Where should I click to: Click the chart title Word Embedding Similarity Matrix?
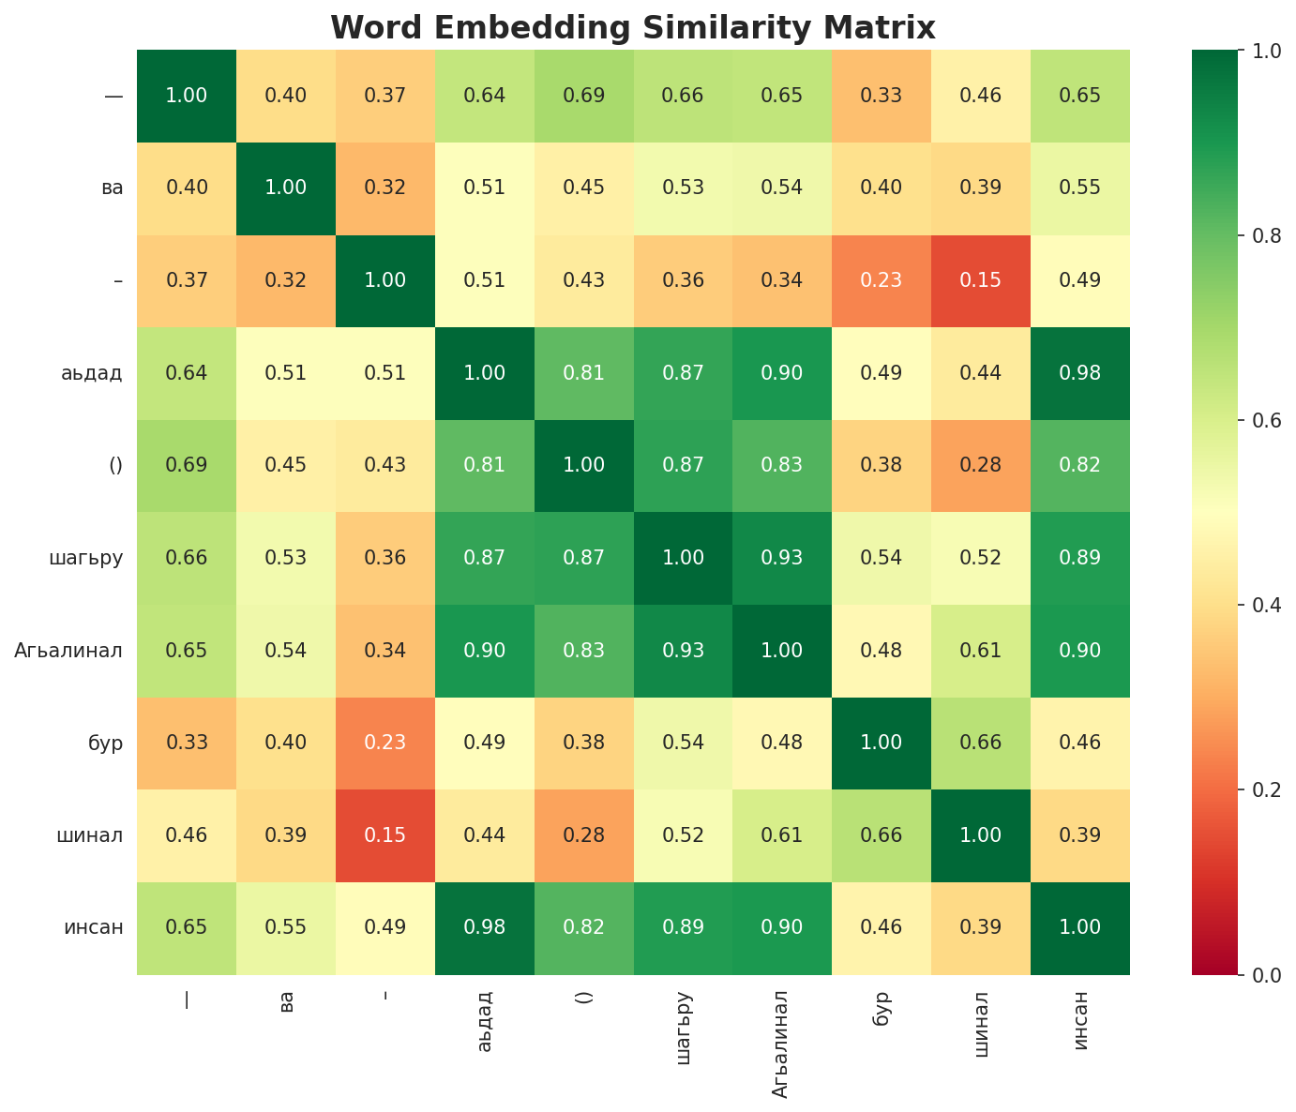tap(633, 28)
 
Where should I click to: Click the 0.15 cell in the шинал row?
tap(384, 835)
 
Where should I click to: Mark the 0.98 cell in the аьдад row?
tap(1080, 373)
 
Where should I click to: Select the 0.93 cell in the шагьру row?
tap(782, 558)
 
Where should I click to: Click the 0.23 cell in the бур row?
tap(384, 743)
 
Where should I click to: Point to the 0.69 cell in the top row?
tap(584, 96)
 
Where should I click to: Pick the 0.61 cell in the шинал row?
tap(782, 835)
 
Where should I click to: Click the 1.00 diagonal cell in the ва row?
tap(286, 188)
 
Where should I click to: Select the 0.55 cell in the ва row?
tap(1080, 188)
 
